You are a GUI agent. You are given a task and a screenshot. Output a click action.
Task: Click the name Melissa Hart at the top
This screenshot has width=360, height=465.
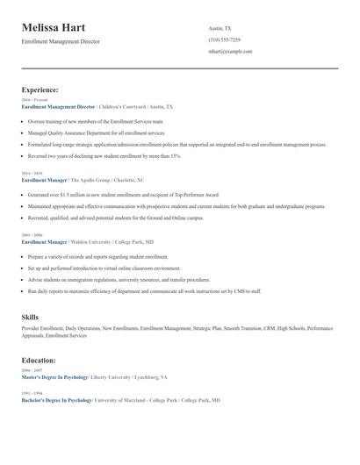(x=59, y=28)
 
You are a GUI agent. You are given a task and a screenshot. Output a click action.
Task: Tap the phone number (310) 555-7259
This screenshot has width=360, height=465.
(x=224, y=39)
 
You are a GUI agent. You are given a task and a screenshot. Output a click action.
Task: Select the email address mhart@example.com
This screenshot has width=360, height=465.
(x=230, y=52)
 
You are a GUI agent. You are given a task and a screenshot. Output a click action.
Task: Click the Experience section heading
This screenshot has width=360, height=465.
(x=40, y=89)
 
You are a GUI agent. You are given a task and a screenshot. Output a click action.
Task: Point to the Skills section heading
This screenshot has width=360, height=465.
(x=30, y=315)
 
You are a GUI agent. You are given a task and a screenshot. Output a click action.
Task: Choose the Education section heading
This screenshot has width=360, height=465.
(x=39, y=361)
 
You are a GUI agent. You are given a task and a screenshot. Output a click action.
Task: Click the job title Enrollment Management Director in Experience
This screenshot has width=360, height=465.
(x=58, y=105)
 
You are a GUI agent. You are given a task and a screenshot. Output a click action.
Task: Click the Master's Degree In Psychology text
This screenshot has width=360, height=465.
(x=54, y=376)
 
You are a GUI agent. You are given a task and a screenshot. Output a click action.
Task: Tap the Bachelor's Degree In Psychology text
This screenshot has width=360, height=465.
(x=56, y=400)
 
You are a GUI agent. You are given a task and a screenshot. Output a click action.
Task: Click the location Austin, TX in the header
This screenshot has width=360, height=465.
(x=220, y=28)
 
